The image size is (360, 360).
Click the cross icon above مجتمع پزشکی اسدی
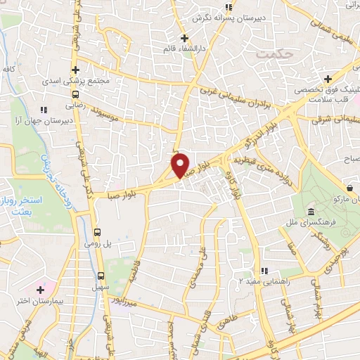click(x=76, y=69)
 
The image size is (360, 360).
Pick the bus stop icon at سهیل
click(x=101, y=275)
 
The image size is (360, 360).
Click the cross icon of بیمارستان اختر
click(x=41, y=289)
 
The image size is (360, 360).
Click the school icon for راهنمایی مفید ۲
click(x=264, y=271)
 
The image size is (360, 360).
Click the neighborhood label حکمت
click(x=274, y=53)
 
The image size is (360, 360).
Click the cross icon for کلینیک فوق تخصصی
click(x=327, y=78)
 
